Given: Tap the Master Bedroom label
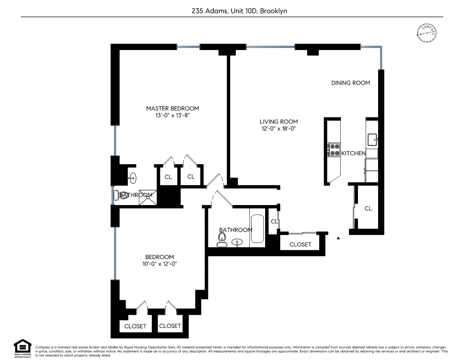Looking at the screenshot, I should pyautogui.click(x=173, y=108).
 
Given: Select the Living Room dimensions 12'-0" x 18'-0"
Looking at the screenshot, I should pyautogui.click(x=279, y=128).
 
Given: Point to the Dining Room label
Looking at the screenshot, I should pyautogui.click(x=351, y=83).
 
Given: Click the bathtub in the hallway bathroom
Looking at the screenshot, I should pyautogui.click(x=257, y=229).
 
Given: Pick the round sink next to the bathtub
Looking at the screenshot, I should pyautogui.click(x=237, y=242).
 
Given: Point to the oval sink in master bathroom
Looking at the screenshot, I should pyautogui.click(x=132, y=178).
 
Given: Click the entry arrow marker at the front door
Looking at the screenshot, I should pyautogui.click(x=338, y=238).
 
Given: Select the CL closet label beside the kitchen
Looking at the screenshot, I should pyautogui.click(x=368, y=209).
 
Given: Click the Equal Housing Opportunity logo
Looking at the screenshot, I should pyautogui.click(x=22, y=348).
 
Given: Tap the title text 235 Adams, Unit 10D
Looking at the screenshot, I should pyautogui.click(x=239, y=11).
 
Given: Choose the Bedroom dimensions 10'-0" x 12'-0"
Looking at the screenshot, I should pyautogui.click(x=160, y=264).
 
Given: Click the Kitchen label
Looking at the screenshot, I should pyautogui.click(x=353, y=153).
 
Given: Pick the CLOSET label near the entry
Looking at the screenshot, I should pyautogui.click(x=300, y=244).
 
